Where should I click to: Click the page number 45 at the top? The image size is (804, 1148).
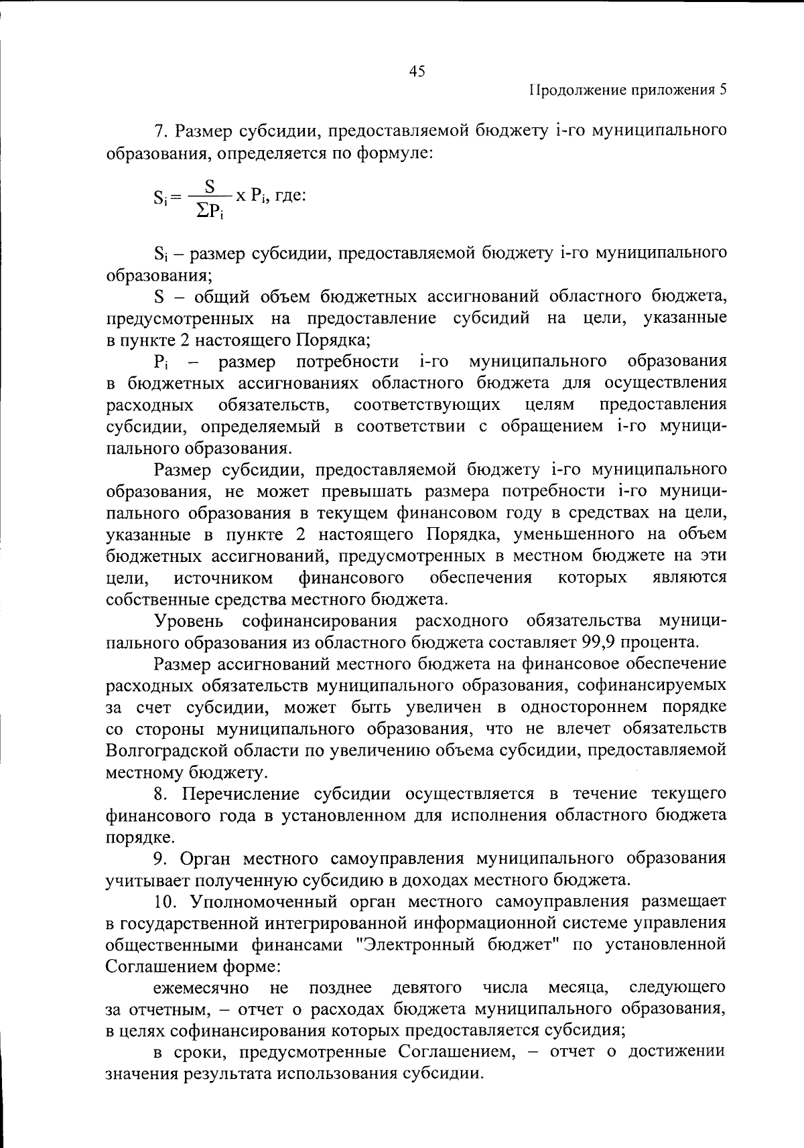416,72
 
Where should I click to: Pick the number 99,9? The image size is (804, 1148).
599,642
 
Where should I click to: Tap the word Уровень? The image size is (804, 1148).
189,621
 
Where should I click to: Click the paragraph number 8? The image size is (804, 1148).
159,794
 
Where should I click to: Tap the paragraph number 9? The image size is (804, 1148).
159,859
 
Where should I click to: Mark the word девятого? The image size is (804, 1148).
426,988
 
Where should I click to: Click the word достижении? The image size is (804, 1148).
677,1052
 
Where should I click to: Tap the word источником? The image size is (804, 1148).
223,577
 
